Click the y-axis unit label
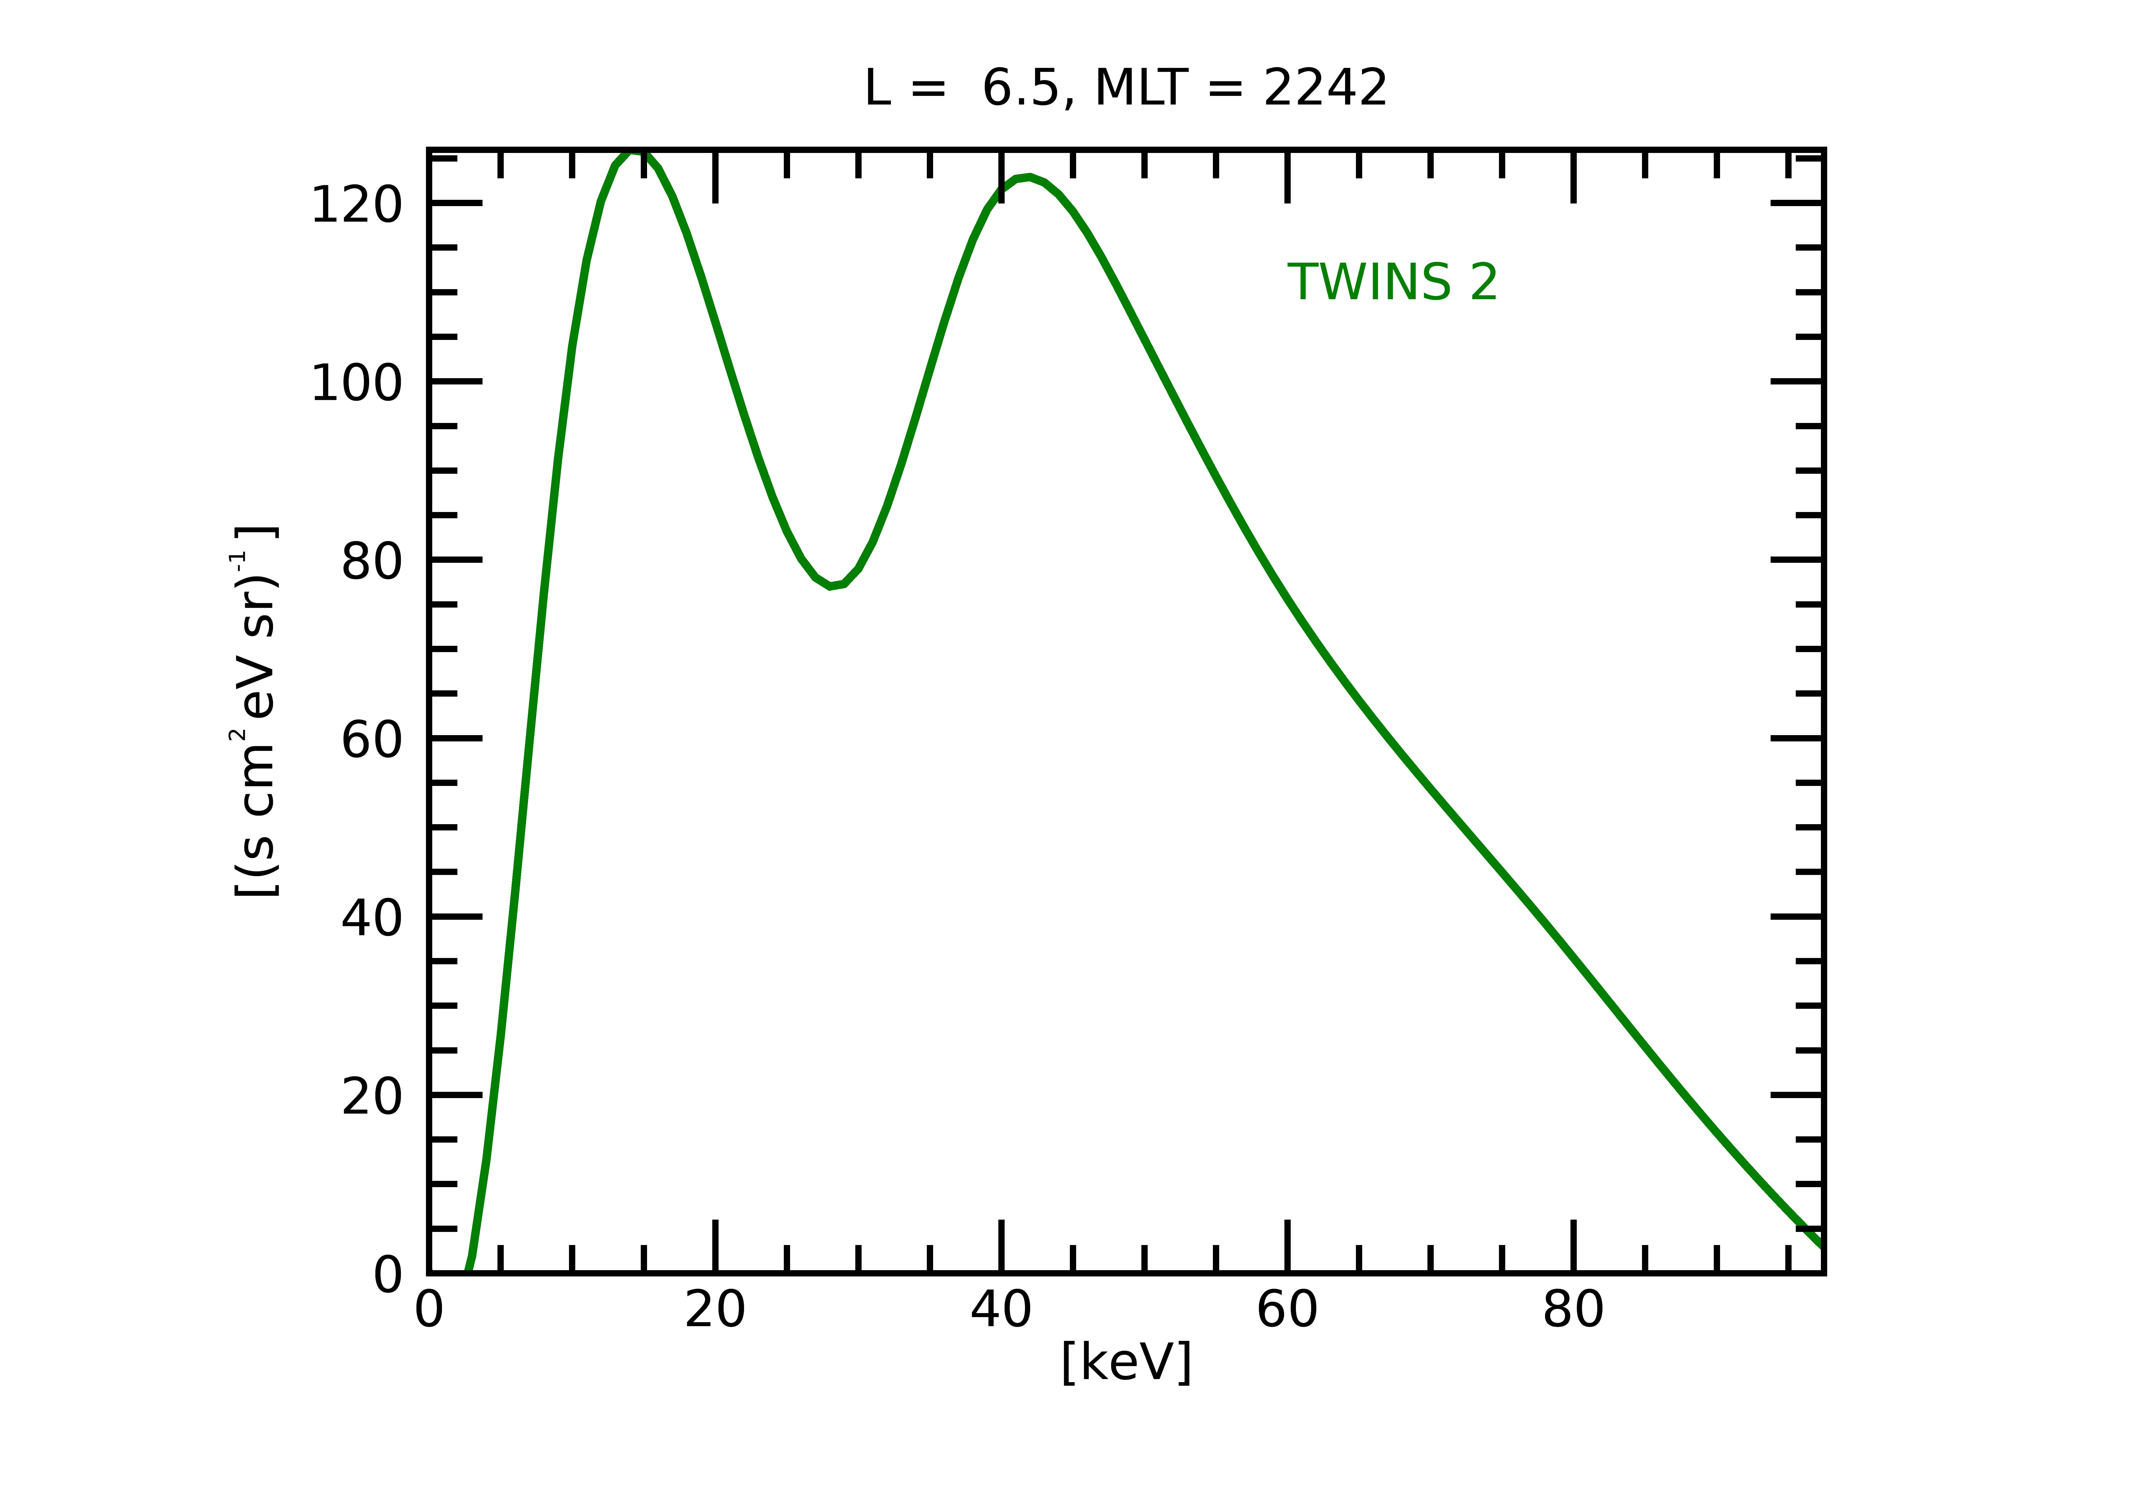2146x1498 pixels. [254, 712]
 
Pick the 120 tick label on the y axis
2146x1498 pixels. [356, 205]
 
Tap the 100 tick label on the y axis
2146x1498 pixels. [356, 383]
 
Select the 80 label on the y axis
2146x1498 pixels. [371, 562]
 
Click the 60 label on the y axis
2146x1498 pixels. [371, 740]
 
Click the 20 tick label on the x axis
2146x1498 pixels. [715, 1310]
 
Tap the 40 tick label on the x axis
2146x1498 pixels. [1001, 1310]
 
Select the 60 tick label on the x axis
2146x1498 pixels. [1287, 1310]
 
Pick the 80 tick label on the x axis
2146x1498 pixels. [1573, 1310]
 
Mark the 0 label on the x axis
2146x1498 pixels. [429, 1310]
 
